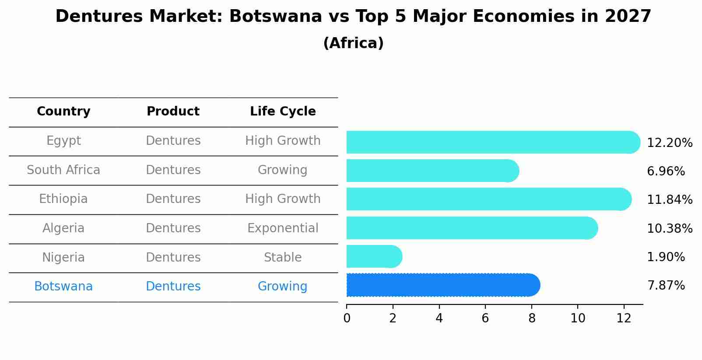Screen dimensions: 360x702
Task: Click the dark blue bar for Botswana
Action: pos(442,285)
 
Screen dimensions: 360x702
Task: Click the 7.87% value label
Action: pos(666,286)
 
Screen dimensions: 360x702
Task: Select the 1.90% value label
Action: pos(666,257)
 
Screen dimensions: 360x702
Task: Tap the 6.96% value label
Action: pos(666,171)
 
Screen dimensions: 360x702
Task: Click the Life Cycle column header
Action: pos(283,112)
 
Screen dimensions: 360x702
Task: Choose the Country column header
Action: pos(63,112)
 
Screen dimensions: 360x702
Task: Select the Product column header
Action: pos(173,112)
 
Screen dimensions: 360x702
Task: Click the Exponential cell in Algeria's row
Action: pos(283,228)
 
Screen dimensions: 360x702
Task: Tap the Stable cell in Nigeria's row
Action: pos(283,258)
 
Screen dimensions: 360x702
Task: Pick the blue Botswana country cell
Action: pos(63,287)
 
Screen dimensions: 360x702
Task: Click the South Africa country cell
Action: pos(63,170)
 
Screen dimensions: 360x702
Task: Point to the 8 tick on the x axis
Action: pos(532,318)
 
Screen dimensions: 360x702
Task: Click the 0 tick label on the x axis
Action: pos(347,318)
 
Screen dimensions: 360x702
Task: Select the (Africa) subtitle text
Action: pos(353,43)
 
